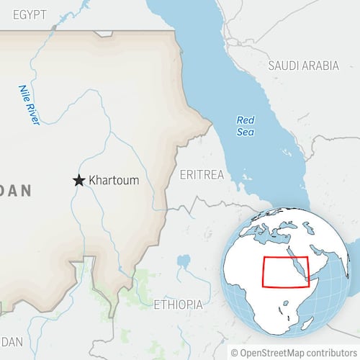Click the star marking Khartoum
(x=78, y=180)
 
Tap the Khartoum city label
(x=113, y=180)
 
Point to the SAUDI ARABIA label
(x=303, y=66)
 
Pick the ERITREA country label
(x=202, y=175)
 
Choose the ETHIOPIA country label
(x=178, y=305)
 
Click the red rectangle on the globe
(x=285, y=272)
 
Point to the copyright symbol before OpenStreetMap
(x=235, y=352)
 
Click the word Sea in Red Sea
(x=246, y=132)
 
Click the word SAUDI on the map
(x=282, y=66)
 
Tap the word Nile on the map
(x=24, y=92)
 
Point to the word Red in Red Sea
(x=246, y=120)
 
